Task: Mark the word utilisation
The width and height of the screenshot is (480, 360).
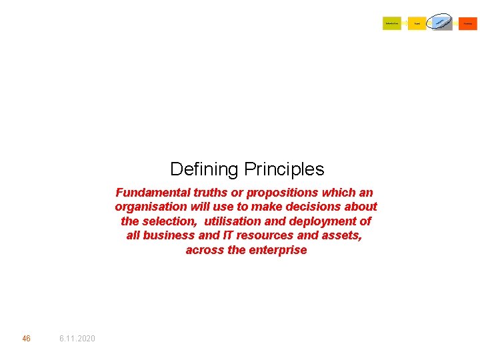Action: (235, 221)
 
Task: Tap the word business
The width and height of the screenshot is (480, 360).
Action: (170, 235)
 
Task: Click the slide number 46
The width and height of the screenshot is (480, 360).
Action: (26, 339)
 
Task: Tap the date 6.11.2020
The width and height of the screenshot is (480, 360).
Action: (77, 339)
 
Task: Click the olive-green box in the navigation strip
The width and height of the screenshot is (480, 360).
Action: (392, 24)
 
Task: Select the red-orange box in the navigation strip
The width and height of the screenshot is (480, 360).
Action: (468, 24)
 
